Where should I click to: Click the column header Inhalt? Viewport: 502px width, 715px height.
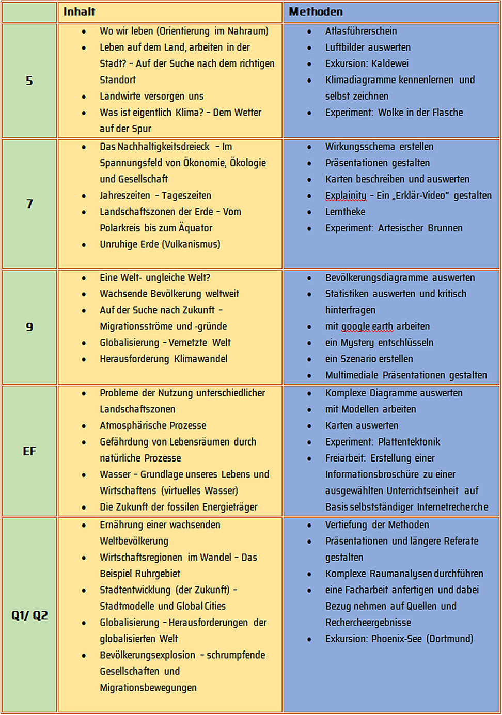(79, 12)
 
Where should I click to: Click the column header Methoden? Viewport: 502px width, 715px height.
(316, 12)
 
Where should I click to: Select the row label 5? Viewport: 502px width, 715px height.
(29, 81)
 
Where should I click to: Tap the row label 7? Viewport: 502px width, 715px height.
(29, 204)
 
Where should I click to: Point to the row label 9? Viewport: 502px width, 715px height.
(29, 327)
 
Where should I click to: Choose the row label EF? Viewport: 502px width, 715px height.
(29, 451)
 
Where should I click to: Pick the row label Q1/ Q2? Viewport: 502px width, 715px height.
(29, 615)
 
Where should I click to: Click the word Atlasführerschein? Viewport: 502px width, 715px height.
(361, 31)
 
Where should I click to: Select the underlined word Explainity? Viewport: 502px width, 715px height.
(346, 195)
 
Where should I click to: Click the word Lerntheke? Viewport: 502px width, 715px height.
(345, 212)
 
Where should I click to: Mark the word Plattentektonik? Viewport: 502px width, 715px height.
(409, 442)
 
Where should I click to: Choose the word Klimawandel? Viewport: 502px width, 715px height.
(200, 359)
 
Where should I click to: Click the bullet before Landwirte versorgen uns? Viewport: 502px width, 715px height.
(84, 97)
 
